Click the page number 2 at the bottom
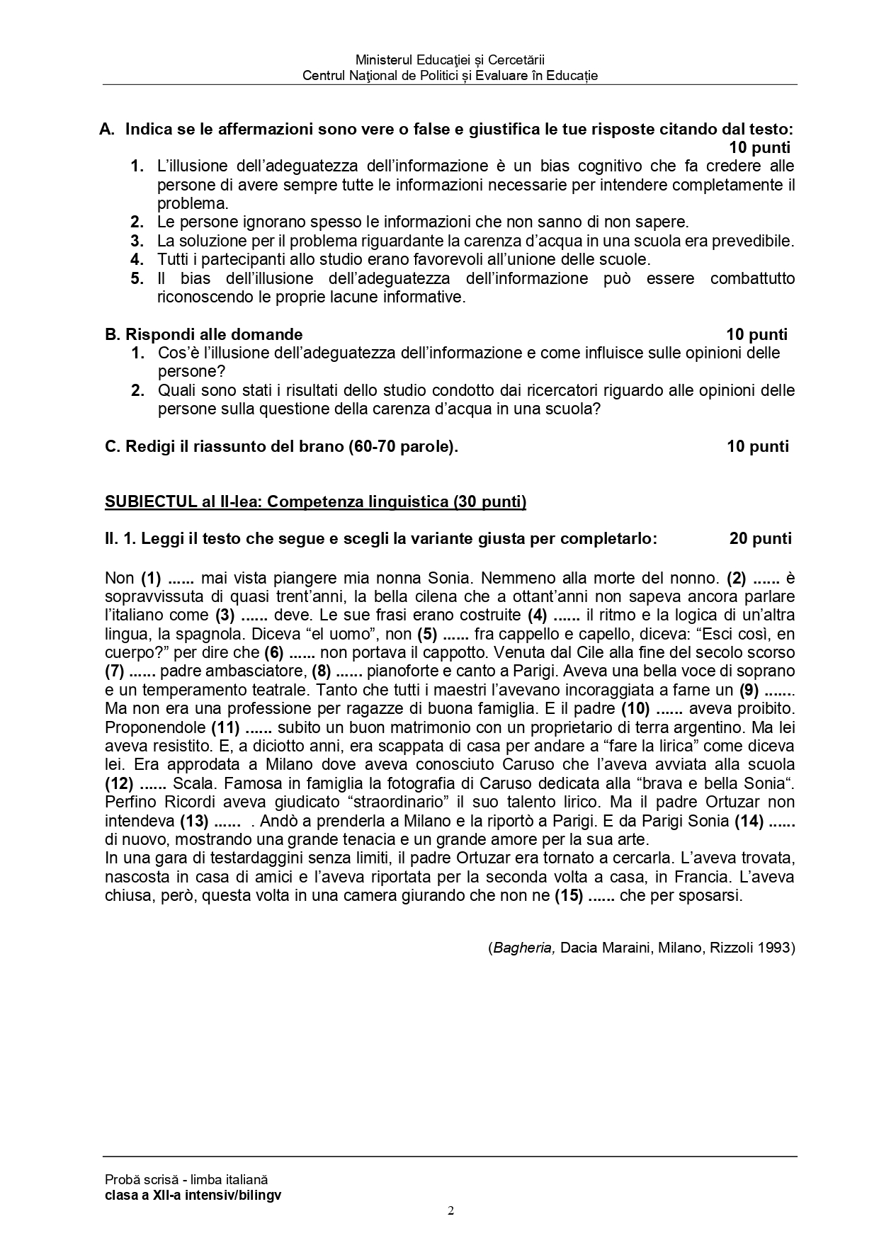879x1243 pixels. pos(451,1210)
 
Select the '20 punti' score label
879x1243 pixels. pos(760,539)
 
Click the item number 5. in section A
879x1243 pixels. pos(137,278)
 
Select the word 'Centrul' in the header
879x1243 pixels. pos(324,76)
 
